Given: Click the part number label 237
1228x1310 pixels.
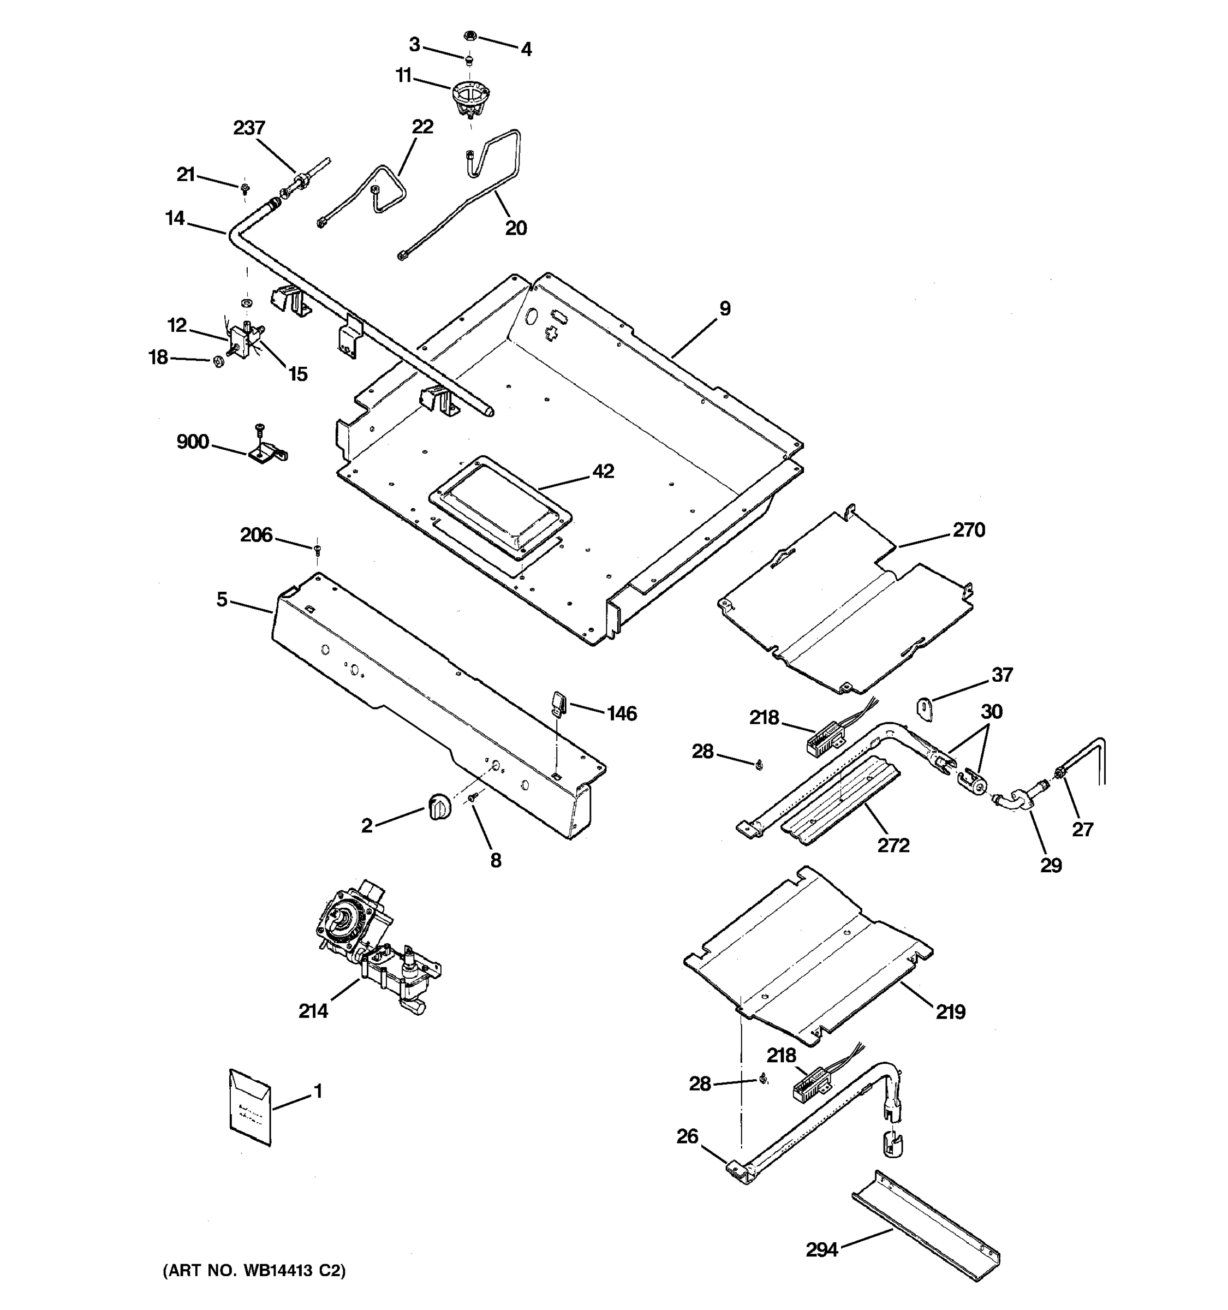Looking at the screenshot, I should [249, 127].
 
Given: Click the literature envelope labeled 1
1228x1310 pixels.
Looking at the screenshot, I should [251, 1106].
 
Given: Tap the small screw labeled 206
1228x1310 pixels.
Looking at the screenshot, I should [318, 547].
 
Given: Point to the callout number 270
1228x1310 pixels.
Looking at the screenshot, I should [968, 530].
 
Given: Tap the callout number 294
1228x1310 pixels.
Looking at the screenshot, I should [821, 1249].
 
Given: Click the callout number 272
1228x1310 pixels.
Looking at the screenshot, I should [893, 845].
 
